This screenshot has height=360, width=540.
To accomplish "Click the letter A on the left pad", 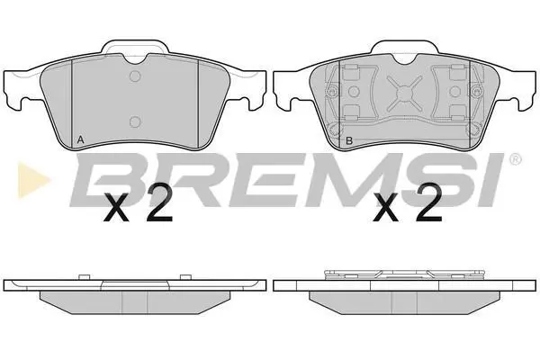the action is [x=80, y=139].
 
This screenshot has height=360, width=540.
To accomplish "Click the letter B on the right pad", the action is [x=349, y=140].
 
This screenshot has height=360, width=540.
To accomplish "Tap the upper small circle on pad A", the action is [x=135, y=76].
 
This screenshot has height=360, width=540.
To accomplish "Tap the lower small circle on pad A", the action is [x=135, y=121].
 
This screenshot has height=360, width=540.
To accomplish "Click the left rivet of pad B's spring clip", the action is [x=332, y=92].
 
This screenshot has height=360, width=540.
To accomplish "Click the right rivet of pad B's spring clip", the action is [x=477, y=92].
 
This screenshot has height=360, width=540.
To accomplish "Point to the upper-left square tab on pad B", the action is [x=352, y=70].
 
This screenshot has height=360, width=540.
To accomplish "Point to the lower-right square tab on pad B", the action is [x=458, y=112].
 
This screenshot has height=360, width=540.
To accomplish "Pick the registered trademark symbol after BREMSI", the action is [x=515, y=159].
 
